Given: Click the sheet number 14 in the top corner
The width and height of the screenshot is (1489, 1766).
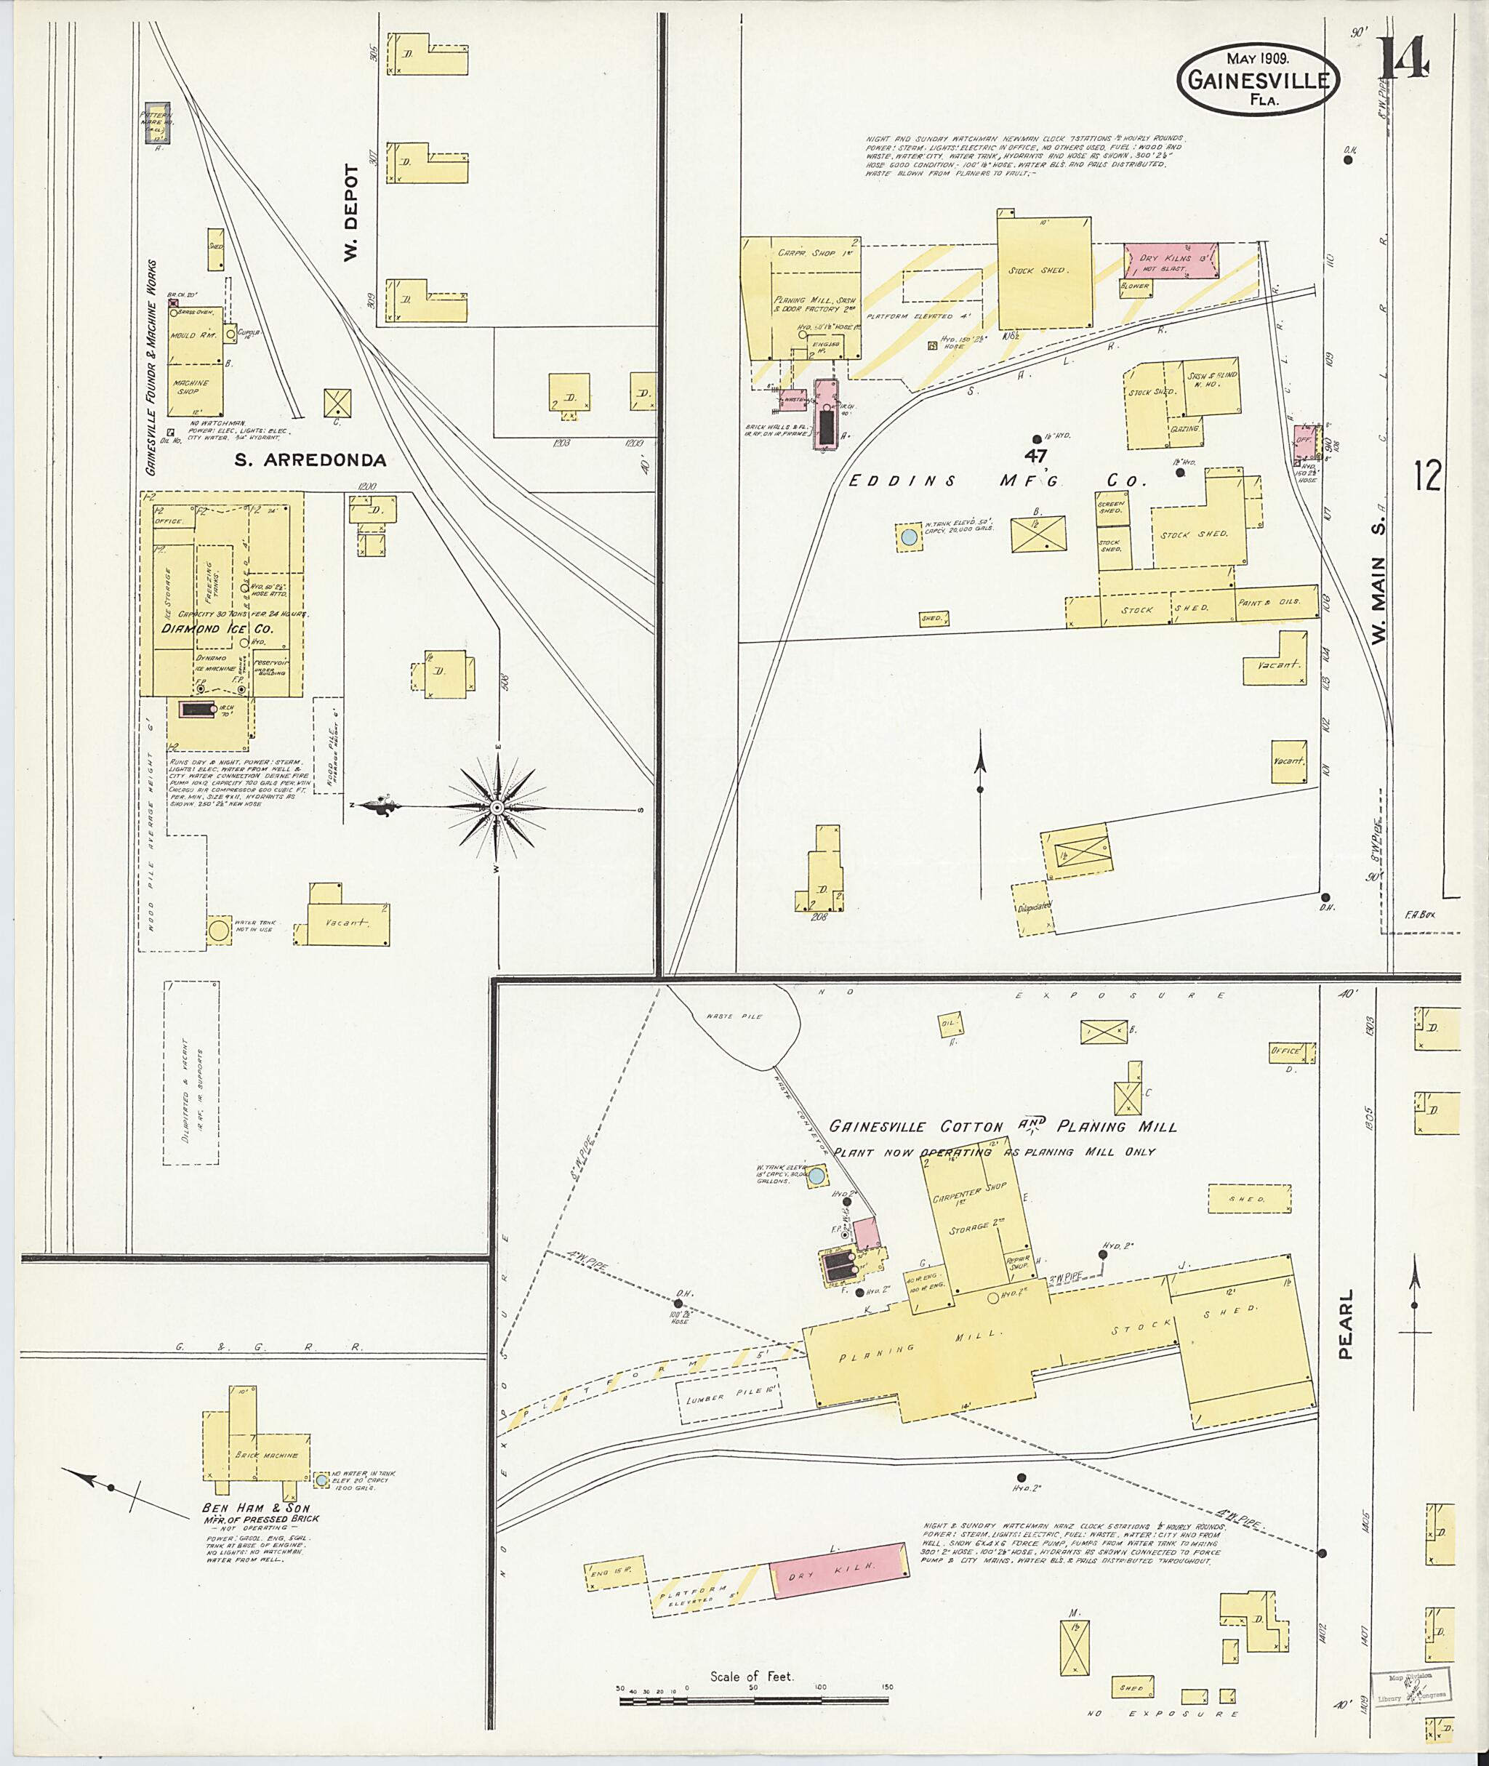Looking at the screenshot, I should coord(1404,58).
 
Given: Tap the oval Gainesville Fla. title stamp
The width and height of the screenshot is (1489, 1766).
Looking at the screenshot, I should coord(1259,79).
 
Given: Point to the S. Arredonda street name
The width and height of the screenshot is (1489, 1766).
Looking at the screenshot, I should coord(310,460).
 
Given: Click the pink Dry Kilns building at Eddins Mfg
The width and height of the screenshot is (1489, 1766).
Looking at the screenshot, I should coord(1169,262).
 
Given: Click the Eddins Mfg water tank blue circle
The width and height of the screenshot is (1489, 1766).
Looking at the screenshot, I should coord(908,536).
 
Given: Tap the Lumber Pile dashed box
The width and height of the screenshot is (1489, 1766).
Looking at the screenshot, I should coord(731,1397).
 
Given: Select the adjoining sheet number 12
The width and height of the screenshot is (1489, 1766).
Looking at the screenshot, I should coord(1427,477).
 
